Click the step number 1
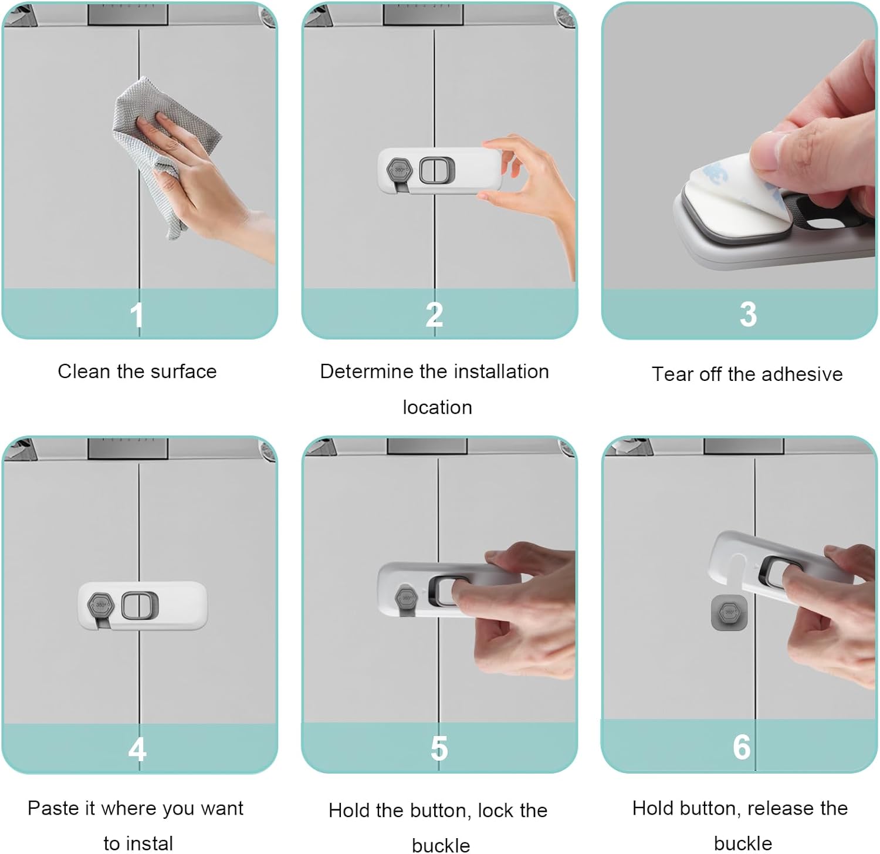(137, 315)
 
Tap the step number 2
(434, 315)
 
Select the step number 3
(748, 314)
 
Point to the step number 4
(137, 749)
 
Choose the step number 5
(439, 748)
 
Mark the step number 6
(742, 747)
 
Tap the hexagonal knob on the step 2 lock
(399, 170)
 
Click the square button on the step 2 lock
(436, 170)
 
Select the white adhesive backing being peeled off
(727, 188)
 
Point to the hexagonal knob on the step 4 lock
(100, 605)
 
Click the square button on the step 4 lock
(140, 606)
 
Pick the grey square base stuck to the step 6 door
(729, 613)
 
